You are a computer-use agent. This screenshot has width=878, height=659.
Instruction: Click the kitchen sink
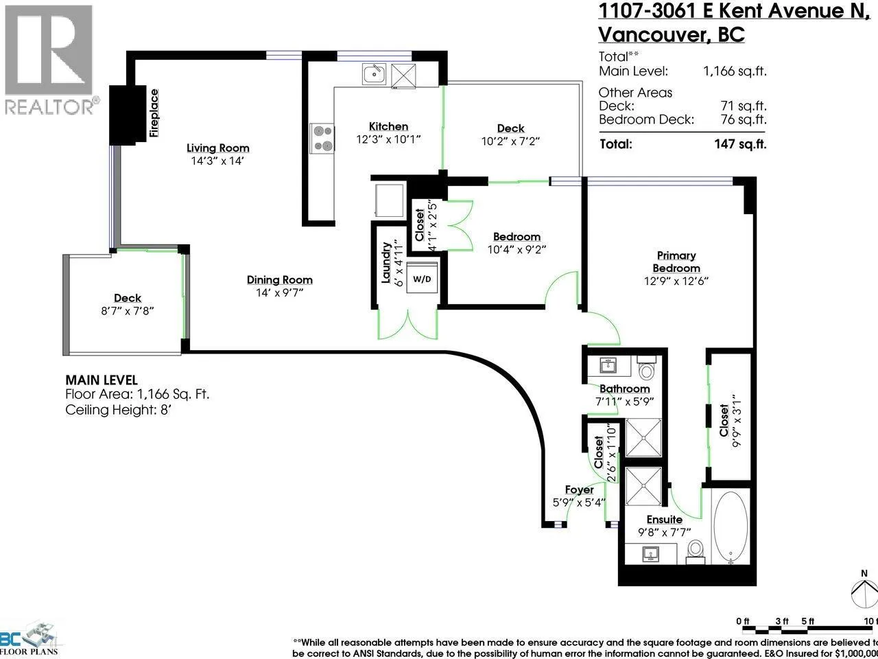pos(374,73)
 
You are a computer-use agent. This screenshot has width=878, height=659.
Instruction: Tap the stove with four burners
pos(322,139)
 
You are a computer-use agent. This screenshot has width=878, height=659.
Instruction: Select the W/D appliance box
pos(422,278)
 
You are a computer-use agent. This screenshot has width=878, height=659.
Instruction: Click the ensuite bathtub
pos(731,527)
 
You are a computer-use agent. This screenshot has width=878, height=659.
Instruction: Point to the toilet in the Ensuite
pos(696,551)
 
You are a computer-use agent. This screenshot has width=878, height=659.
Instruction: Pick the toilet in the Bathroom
pos(646,367)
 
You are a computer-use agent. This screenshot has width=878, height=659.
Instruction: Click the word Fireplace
pos(154,113)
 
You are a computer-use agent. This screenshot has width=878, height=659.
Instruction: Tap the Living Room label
pos(218,148)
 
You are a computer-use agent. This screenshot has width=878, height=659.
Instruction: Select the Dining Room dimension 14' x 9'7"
pos(280,293)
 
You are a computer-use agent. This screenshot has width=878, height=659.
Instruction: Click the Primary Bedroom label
pos(676,262)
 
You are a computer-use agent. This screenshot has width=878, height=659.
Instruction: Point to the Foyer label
pos(579,489)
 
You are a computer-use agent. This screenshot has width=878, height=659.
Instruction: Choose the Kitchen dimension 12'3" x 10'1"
pos(388,139)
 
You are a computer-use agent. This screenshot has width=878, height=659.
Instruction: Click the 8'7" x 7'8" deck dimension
pos(128,311)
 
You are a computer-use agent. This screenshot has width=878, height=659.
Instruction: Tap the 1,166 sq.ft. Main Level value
pos(735,71)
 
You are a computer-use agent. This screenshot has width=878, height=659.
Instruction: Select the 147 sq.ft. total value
pos(740,144)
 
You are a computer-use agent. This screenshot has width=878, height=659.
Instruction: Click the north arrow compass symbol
pos(865,592)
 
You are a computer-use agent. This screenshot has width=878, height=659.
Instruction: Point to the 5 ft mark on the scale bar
pos(807,621)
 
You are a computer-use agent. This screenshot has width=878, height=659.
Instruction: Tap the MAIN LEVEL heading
pos(102,380)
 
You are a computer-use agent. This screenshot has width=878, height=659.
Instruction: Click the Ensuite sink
pos(651,554)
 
